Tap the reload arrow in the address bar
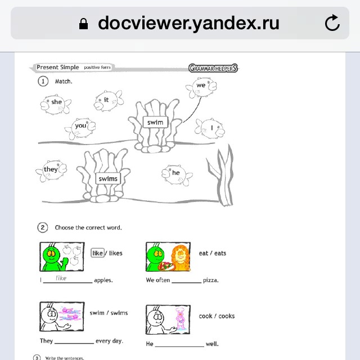(x=332, y=22)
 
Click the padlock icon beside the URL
(x=83, y=24)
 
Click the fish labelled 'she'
(x=56, y=105)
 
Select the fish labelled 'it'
(x=109, y=101)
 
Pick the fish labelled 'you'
(x=80, y=128)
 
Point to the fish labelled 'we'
(x=201, y=87)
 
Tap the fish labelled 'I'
(x=210, y=128)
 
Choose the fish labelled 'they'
(x=51, y=170)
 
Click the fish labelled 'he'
(x=177, y=175)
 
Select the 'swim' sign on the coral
(x=155, y=122)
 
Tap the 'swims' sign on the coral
(x=108, y=178)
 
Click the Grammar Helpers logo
(x=213, y=68)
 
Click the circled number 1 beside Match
(x=43, y=81)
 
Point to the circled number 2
(x=43, y=227)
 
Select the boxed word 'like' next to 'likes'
(x=97, y=253)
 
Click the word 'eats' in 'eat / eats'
(x=220, y=253)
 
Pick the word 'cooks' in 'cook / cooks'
(x=227, y=316)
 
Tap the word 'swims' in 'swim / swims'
(x=119, y=313)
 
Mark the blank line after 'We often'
(x=186, y=282)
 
